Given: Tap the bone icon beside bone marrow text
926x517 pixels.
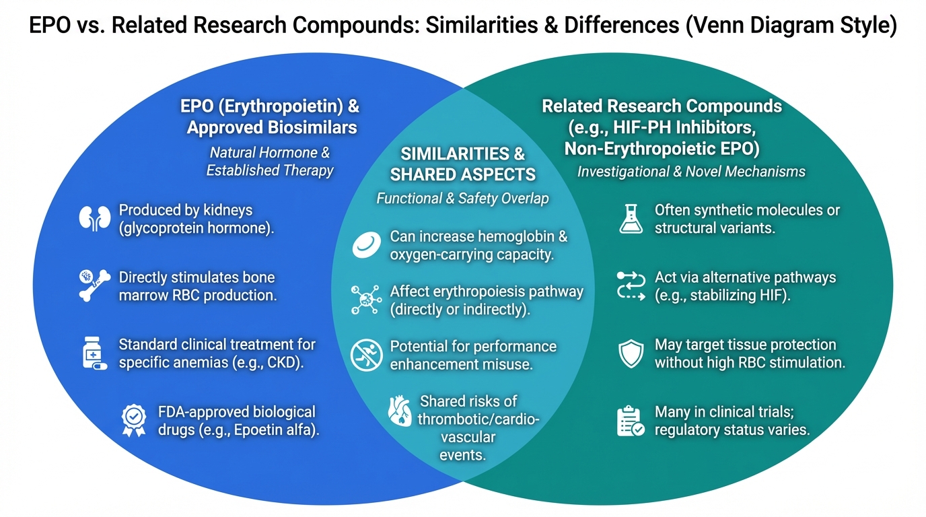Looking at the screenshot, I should (94, 285).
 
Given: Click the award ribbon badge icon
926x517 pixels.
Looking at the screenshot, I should (133, 420).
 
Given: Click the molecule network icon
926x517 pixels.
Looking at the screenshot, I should (366, 300).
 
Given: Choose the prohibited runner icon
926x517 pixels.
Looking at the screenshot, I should (366, 355).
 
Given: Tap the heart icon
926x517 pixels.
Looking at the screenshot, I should (400, 411).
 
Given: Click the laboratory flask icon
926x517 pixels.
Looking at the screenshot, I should (631, 219).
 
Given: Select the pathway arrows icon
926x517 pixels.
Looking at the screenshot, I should (631, 286).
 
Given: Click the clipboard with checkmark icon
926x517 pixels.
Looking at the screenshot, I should (631, 421).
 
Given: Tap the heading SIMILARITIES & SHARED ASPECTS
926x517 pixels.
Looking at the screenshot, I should (462, 164).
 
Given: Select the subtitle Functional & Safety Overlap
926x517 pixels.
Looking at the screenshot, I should (462, 199).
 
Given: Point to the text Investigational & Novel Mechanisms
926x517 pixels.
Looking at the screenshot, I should (691, 172).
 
